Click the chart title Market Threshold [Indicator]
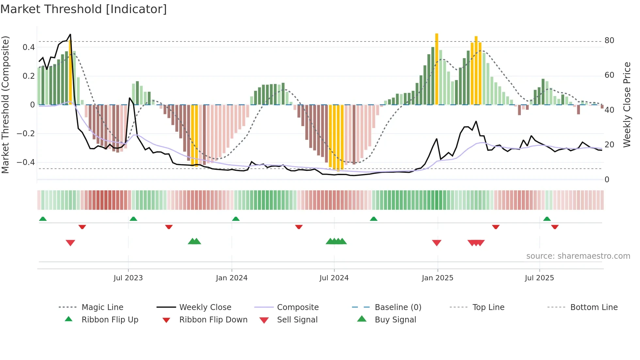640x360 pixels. [x=84, y=9]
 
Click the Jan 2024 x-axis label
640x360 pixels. [x=232, y=278]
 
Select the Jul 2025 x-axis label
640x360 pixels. [x=539, y=278]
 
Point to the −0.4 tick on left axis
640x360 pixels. [x=26, y=162]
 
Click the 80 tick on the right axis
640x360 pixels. [x=609, y=41]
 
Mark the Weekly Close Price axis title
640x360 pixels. [x=627, y=105]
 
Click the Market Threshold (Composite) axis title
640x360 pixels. [x=5, y=105]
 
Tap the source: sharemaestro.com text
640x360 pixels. [x=578, y=256]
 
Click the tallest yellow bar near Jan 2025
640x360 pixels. [x=437, y=69]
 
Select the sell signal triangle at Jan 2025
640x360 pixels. [x=437, y=243]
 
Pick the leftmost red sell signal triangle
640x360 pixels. [x=71, y=243]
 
